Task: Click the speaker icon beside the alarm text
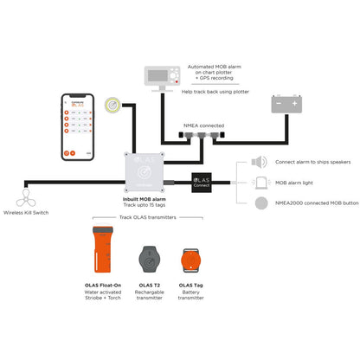tap(259, 162)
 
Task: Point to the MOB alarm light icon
tap(259, 183)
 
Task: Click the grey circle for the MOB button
tap(259, 202)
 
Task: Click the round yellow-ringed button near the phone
tap(112, 105)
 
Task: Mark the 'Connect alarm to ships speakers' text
tap(313, 162)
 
